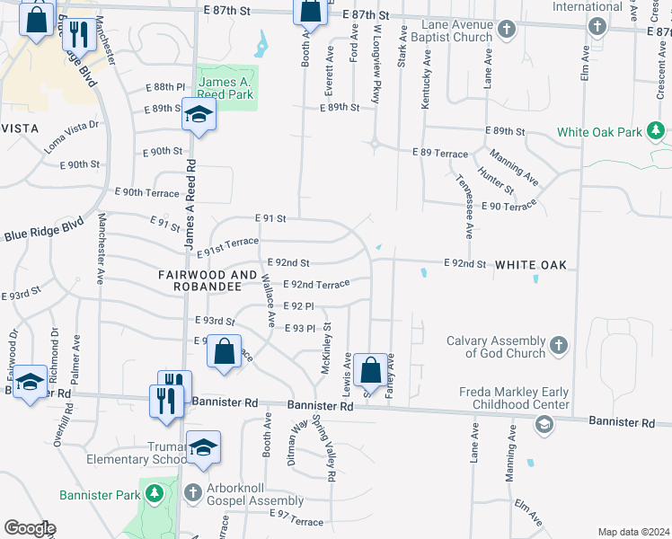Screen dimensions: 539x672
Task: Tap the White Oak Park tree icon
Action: pos(658,132)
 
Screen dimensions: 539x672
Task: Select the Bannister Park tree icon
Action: pos(155,494)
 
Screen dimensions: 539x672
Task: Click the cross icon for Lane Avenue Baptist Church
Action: pos(506,30)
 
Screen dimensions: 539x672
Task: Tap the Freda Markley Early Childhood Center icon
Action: pos(543,427)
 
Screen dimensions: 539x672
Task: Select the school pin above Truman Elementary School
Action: pos(204,448)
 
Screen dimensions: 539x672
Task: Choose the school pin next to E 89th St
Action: pos(199,114)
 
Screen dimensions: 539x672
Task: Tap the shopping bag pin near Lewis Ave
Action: pos(370,368)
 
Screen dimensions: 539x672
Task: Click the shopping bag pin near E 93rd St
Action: pos(225,351)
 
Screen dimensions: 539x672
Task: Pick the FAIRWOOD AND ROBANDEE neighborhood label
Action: pos(200,280)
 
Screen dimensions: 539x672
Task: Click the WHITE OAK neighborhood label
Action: pos(531,265)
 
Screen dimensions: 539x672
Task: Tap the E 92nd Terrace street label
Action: pos(315,284)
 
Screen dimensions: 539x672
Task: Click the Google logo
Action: pos(29,528)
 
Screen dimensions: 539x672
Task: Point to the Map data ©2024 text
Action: pos(632,532)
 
